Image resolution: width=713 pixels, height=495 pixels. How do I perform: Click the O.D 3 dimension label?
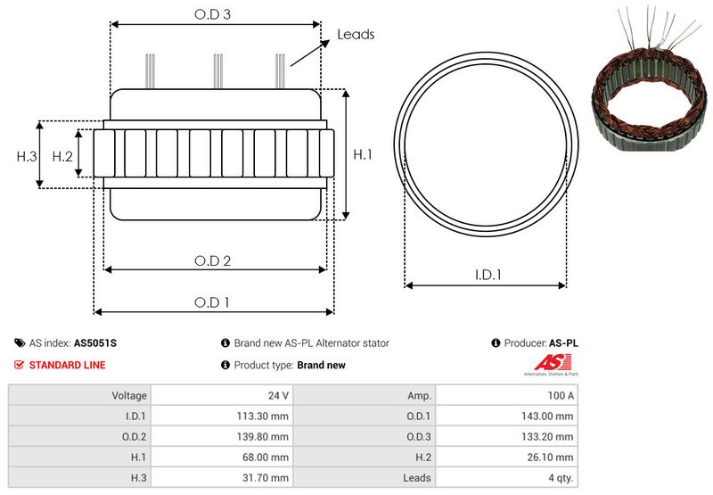[214, 14]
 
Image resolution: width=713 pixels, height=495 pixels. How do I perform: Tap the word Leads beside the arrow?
[356, 35]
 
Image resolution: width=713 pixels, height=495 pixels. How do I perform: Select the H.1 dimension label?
[363, 155]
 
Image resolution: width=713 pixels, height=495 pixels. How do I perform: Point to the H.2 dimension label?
[62, 156]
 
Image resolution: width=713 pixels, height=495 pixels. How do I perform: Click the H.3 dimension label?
[27, 156]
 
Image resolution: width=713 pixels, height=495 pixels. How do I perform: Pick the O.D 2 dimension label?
[213, 260]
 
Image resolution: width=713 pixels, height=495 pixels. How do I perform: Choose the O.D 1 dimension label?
[212, 302]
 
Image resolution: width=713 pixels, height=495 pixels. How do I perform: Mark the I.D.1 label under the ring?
[487, 276]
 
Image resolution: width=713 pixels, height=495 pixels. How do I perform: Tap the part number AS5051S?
[95, 342]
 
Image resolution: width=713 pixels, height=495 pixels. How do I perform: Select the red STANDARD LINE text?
[67, 365]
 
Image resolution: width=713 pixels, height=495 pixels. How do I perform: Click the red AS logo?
[545, 362]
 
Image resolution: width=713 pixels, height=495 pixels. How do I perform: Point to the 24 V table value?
[278, 395]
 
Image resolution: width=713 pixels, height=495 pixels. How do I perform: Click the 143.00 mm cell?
[551, 416]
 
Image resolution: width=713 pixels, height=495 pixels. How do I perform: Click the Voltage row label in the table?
[129, 395]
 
